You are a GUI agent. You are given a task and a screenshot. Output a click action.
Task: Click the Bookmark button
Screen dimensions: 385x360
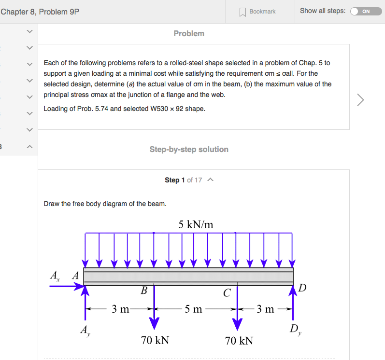(258, 11)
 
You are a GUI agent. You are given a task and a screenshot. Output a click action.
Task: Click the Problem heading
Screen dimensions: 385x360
(189, 33)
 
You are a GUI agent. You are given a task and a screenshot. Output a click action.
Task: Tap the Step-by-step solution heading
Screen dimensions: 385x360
(189, 149)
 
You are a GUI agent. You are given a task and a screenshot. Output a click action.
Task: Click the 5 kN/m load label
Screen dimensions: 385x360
(196, 224)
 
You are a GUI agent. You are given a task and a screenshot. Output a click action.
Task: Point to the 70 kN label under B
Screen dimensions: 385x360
(155, 340)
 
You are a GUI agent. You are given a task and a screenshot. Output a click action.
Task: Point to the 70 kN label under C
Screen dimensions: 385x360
(239, 341)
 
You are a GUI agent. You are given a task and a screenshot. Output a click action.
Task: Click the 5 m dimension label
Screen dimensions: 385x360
(193, 309)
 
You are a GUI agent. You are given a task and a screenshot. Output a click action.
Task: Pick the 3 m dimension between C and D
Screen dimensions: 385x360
(265, 309)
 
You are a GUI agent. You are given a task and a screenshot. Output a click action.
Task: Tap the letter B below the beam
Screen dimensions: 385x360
(143, 291)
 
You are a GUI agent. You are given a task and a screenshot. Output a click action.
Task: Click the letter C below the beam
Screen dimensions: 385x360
(227, 292)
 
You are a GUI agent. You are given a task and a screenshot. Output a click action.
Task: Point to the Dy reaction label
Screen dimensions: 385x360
(294, 330)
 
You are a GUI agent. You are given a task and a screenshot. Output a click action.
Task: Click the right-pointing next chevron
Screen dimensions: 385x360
(360, 100)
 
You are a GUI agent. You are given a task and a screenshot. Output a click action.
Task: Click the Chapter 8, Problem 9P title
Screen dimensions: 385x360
(40, 11)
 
